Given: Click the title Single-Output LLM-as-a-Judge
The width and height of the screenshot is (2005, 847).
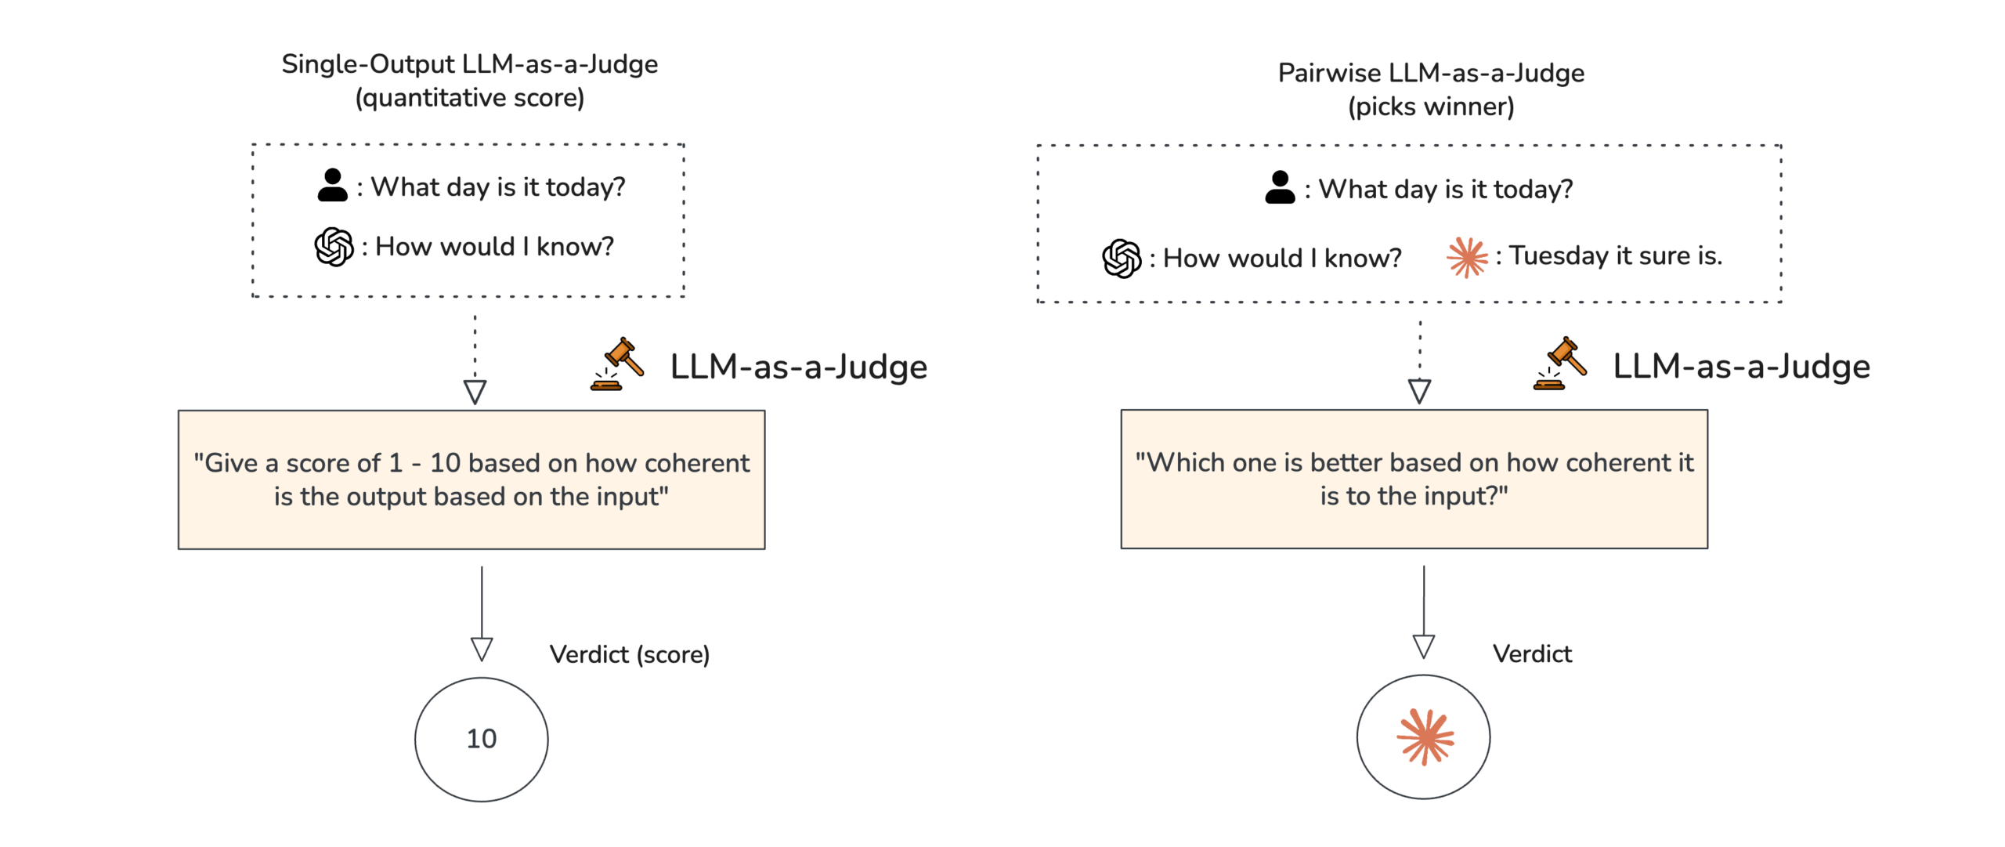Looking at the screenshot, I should [x=469, y=64].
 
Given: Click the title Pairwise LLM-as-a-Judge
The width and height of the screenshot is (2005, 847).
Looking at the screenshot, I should [x=1430, y=73].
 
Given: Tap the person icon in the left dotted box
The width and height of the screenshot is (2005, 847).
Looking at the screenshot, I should [x=332, y=186].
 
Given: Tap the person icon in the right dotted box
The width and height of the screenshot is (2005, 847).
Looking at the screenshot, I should [x=1279, y=188].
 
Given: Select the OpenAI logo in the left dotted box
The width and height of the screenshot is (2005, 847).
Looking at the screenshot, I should [x=334, y=247].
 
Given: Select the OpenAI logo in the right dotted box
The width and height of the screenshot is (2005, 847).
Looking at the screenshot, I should [x=1122, y=259].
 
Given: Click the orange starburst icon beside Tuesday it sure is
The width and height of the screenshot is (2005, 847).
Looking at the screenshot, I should [x=1466, y=257].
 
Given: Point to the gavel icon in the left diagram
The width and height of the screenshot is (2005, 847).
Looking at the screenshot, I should [x=617, y=364].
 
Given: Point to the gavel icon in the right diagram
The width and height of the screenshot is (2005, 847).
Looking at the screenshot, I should [x=1560, y=364].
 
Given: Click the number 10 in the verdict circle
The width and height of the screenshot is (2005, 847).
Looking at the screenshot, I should [x=482, y=738].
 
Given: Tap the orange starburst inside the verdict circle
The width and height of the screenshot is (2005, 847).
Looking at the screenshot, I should [x=1425, y=737].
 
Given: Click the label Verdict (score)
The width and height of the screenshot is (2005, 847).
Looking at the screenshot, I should [x=629, y=654].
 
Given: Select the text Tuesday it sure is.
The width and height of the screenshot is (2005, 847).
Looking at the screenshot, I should [x=1615, y=256].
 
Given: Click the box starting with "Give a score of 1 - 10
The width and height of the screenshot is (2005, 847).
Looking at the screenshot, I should [x=471, y=480].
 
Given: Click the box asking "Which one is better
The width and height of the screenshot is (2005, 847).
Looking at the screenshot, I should [x=1414, y=479].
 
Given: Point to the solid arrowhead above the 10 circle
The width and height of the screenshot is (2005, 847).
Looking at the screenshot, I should [x=482, y=649].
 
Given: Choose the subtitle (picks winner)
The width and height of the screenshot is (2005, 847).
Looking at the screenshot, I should [x=1430, y=107].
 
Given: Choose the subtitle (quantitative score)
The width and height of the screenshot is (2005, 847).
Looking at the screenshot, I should [x=469, y=98].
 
